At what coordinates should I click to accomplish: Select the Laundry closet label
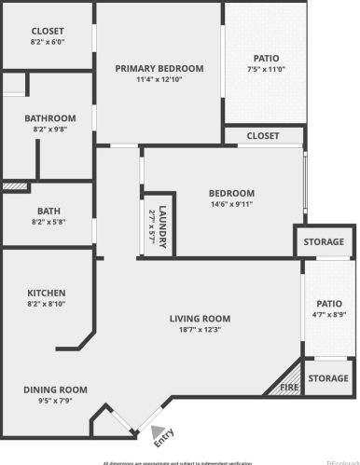click(161, 223)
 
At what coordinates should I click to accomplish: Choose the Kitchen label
click(46, 292)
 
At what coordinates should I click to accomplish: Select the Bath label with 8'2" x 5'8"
click(48, 211)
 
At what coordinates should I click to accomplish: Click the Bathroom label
click(49, 118)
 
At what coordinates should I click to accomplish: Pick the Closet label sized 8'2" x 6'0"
click(48, 31)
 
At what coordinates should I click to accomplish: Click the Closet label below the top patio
click(262, 136)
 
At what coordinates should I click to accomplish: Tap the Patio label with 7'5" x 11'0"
click(265, 58)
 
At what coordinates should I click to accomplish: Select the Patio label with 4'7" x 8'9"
click(328, 303)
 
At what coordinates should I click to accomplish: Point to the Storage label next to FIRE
click(328, 378)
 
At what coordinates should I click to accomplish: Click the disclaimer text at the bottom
click(177, 460)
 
